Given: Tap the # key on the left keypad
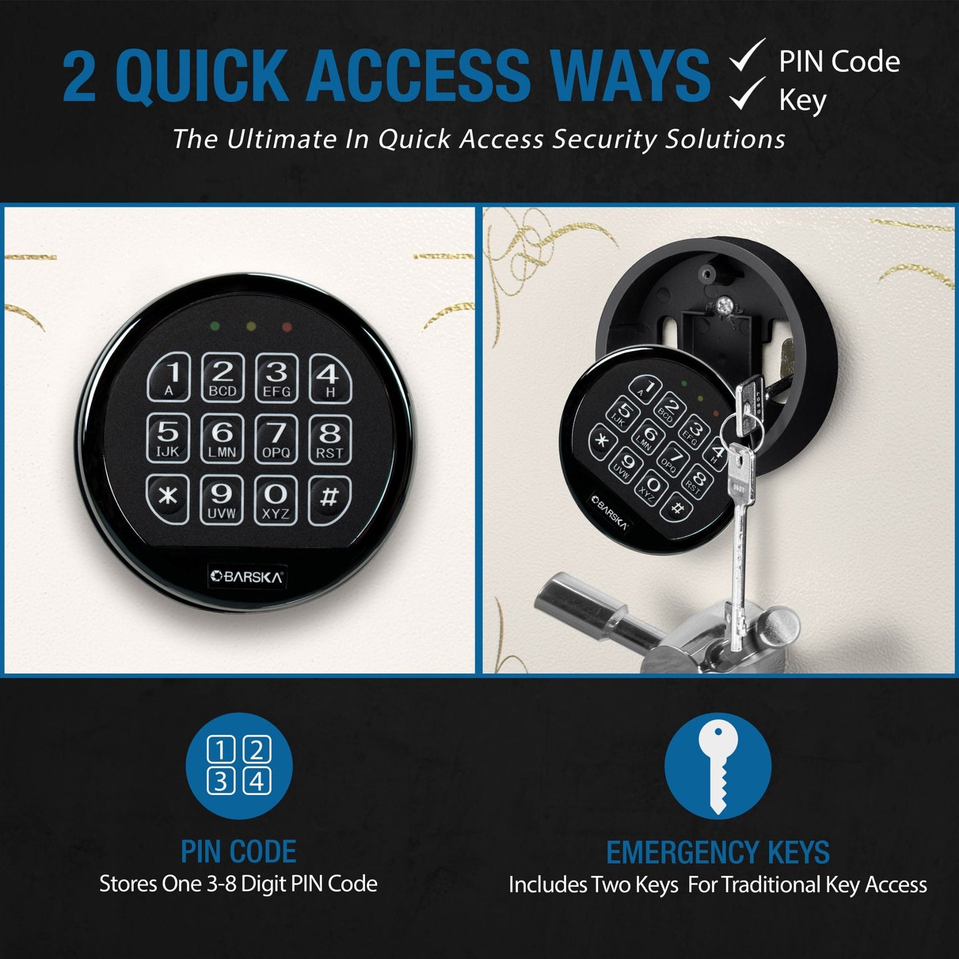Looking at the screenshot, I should (x=330, y=498).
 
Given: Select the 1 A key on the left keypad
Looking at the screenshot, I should (x=169, y=377).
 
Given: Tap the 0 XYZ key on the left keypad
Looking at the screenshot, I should (x=275, y=500).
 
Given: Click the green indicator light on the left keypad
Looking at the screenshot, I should (x=214, y=326).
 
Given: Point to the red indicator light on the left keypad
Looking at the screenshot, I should (x=287, y=327).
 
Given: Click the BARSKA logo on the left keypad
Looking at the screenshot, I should (x=246, y=577).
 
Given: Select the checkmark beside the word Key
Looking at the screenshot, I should (x=747, y=94).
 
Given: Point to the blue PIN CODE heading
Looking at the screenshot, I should (x=238, y=851).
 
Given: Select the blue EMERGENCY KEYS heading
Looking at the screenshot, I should (x=717, y=852).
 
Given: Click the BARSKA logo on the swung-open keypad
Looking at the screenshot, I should (x=610, y=513).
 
